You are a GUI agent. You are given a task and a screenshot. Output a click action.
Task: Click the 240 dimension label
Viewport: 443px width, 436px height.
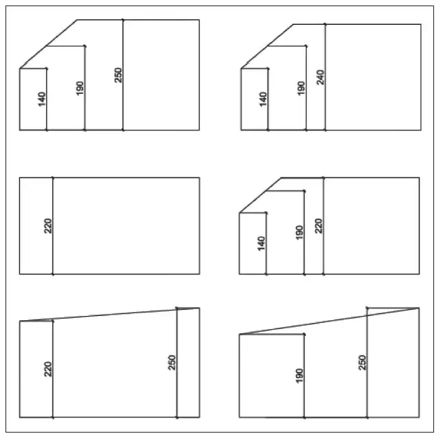(320, 77)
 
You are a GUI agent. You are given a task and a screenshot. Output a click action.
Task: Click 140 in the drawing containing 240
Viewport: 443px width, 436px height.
(263, 99)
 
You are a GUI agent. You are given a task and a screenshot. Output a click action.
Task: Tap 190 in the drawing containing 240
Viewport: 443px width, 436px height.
(302, 88)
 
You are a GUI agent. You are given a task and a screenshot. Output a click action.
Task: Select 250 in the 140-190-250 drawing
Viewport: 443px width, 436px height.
(119, 75)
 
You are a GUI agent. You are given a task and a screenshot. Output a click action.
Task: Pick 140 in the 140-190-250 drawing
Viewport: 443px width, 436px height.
(41, 99)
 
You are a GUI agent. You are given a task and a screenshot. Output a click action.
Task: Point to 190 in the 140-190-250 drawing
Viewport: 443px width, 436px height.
(80, 88)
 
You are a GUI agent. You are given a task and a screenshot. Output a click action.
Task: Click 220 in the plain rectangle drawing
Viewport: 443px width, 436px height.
(48, 226)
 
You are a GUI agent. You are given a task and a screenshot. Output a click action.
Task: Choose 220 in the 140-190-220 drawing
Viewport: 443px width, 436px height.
(318, 226)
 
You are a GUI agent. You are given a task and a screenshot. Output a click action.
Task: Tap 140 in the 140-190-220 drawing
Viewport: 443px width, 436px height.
(262, 244)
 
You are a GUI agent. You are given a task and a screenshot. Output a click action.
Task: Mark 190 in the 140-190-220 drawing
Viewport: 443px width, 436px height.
(299, 232)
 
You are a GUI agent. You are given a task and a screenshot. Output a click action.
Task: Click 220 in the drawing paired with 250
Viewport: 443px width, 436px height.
(48, 369)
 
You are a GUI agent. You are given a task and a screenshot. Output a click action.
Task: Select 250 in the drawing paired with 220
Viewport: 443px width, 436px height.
(172, 363)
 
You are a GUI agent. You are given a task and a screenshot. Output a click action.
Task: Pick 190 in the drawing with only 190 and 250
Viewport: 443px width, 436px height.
(299, 375)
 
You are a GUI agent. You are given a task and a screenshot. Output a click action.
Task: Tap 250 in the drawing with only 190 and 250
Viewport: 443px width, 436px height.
(362, 363)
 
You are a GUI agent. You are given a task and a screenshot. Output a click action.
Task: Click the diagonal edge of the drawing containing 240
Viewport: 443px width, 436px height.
(267, 46)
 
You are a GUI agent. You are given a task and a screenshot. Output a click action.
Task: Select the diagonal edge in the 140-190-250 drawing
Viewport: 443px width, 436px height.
(48, 44)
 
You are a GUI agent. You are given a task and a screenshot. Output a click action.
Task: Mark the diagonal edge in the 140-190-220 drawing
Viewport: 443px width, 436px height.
(260, 195)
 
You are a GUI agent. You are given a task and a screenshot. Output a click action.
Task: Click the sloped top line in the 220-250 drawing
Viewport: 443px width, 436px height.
(109, 315)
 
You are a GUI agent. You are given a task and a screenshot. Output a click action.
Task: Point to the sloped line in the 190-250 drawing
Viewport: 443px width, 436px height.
(329, 321)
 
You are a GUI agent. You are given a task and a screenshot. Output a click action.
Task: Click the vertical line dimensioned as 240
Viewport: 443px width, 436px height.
(325, 77)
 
